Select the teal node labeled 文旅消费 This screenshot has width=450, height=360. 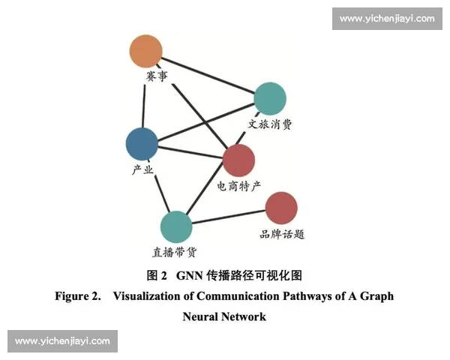click(270, 98)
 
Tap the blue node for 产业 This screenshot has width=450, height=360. click(142, 143)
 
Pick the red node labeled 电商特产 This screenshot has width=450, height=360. click(239, 159)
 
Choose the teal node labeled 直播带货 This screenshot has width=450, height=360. click(176, 227)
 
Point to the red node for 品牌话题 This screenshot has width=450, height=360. click(281, 208)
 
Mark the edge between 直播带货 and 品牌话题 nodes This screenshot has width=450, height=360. click(229, 217)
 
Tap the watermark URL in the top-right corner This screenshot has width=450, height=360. click(386, 18)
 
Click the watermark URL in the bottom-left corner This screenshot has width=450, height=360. click(62, 341)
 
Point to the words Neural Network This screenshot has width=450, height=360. click(224, 316)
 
